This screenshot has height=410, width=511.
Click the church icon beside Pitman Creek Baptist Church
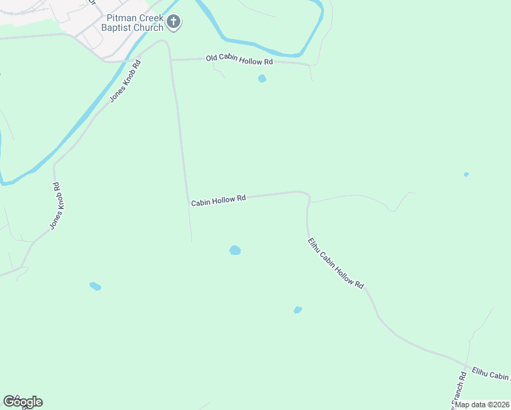[x=174, y=23]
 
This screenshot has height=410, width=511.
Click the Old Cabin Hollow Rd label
[x=239, y=61]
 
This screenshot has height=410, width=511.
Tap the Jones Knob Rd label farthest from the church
[x=53, y=206]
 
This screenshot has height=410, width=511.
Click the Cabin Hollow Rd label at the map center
[x=218, y=200]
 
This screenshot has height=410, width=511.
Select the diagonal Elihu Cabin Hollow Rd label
[x=335, y=263]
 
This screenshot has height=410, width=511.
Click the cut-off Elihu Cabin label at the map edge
[x=491, y=374]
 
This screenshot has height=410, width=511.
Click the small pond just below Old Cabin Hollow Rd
[x=262, y=79]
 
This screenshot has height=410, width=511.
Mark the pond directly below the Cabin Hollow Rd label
[x=235, y=250]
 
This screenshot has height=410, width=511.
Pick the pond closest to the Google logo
[x=95, y=286]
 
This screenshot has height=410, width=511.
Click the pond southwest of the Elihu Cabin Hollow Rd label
[x=298, y=310]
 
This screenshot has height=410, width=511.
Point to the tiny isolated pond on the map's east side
[x=466, y=174]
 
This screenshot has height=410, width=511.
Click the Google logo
[x=23, y=402]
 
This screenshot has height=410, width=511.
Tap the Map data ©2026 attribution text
[x=482, y=405]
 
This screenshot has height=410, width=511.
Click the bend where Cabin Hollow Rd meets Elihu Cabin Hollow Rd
[x=307, y=197]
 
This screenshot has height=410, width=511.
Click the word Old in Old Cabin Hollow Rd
[x=212, y=59]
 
